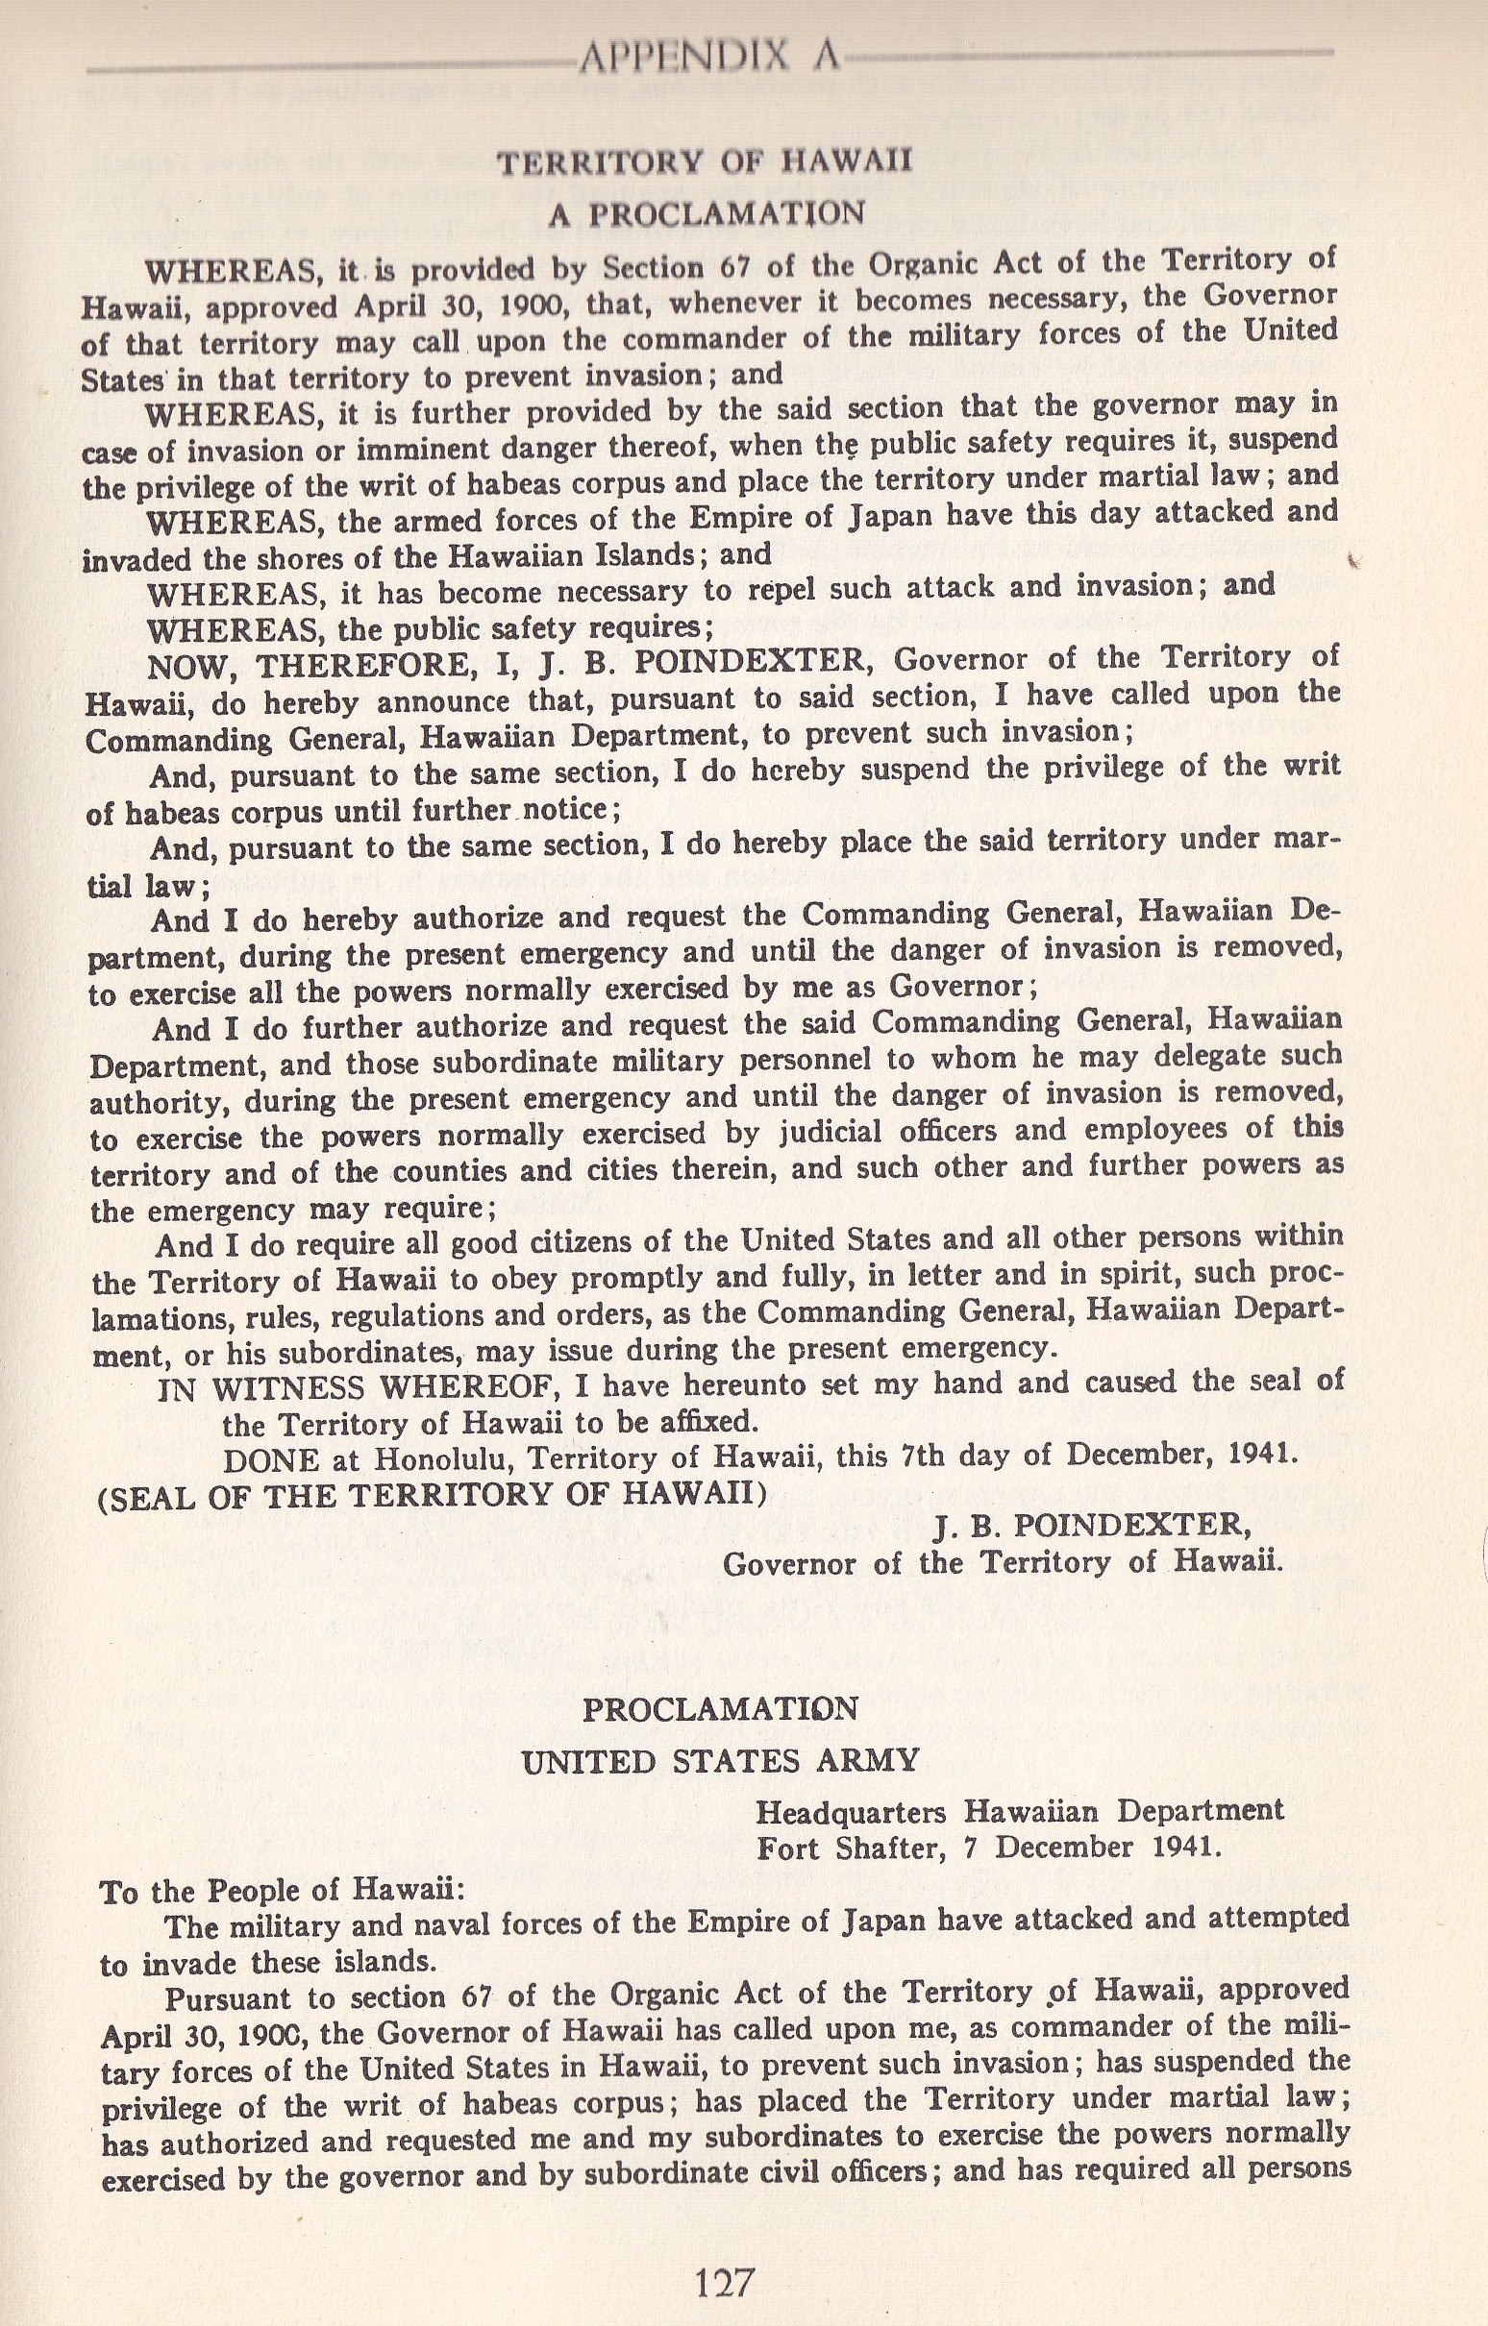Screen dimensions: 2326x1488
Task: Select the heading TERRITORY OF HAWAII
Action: pos(705,161)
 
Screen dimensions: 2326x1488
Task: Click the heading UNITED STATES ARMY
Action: pos(720,1761)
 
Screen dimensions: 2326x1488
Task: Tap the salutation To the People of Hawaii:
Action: pos(271,1891)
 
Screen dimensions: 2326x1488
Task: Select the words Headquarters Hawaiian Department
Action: pos(1019,1809)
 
